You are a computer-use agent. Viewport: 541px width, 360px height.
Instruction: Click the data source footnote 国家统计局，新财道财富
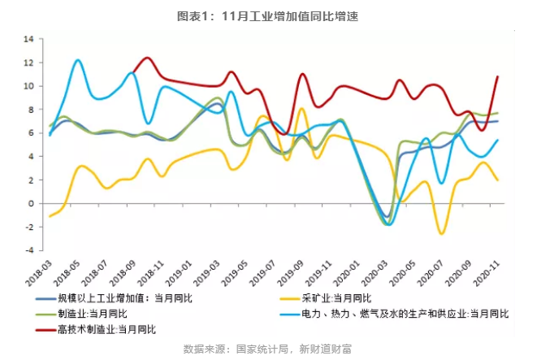tap(270, 349)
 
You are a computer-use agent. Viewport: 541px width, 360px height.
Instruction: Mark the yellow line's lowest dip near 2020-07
tap(442, 234)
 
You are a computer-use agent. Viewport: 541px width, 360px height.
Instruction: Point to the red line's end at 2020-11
tap(497, 76)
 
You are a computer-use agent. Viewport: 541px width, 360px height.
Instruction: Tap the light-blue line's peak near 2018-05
tap(78, 60)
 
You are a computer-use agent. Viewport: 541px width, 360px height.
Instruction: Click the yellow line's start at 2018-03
tap(50, 216)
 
